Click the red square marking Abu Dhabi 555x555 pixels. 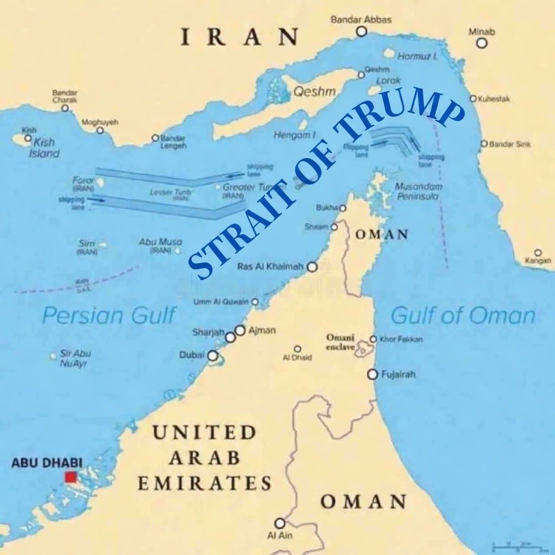point(70,477)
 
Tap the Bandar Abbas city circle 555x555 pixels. point(362,31)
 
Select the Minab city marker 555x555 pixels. point(482,43)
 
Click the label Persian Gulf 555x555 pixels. point(109,315)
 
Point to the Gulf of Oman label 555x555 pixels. point(463,315)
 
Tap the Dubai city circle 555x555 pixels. point(213,356)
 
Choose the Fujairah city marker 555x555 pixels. point(372,374)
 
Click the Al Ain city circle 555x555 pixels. point(280,523)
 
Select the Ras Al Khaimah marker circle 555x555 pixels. point(312,267)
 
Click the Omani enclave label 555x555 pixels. point(340,342)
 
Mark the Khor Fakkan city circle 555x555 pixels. point(373,339)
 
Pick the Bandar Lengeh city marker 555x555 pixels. point(155,138)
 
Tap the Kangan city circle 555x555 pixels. point(538,253)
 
